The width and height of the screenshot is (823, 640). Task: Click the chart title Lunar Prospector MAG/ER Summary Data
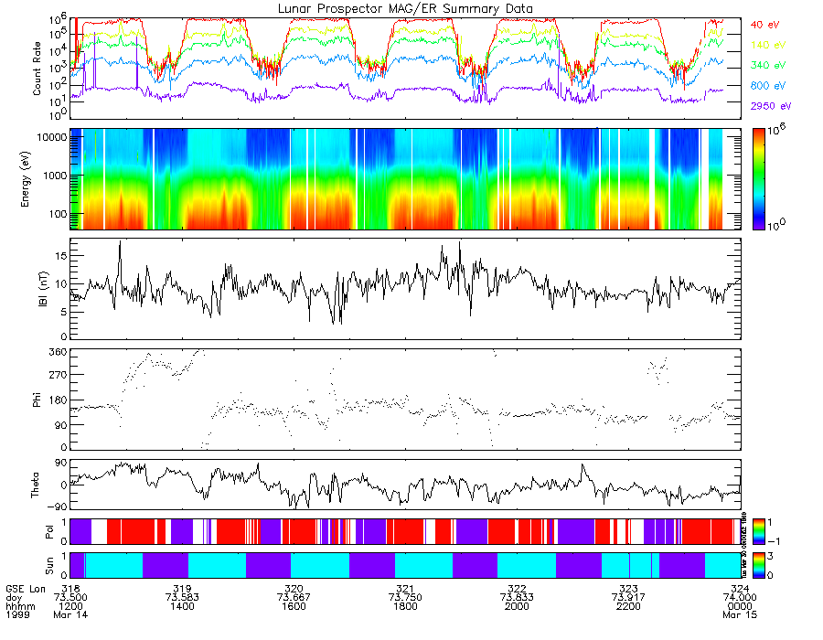tap(406, 8)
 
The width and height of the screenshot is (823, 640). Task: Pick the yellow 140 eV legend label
tap(766, 44)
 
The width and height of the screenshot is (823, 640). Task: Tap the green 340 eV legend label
tap(766, 65)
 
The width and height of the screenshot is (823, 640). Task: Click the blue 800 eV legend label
tap(766, 86)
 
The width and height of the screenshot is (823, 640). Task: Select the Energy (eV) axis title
tap(37, 178)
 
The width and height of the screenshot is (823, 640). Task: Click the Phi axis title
tap(37, 400)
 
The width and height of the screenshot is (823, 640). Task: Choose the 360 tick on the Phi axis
tap(58, 352)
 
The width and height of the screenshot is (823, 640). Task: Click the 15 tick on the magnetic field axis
tap(60, 257)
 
